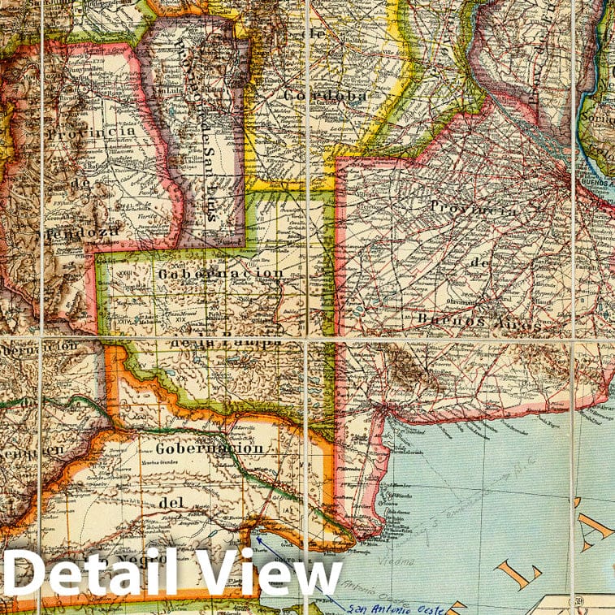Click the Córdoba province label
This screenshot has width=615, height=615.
coord(325,96)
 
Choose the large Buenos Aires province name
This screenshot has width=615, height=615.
coord(476,322)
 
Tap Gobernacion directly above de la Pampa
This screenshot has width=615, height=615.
coord(221,274)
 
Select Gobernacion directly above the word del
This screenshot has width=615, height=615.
coord(209,449)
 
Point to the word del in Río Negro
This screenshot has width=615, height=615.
coord(173,503)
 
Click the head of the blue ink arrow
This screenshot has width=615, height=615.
coord(257,537)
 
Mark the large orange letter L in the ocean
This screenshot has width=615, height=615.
coord(517,574)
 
